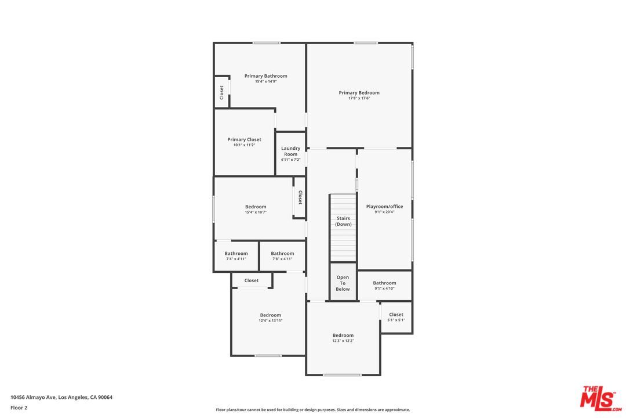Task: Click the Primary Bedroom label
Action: (x=359, y=93)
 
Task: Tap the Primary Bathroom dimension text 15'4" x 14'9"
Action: (x=265, y=81)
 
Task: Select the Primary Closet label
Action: (x=244, y=139)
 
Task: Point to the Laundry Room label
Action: (x=290, y=151)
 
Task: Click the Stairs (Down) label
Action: (x=343, y=221)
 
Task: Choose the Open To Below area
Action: (x=343, y=282)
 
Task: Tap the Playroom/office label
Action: (x=384, y=207)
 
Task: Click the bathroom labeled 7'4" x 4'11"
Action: (x=236, y=255)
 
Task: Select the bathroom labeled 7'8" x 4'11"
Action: (x=282, y=255)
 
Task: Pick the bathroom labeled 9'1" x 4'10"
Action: (x=384, y=285)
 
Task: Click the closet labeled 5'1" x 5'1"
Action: (x=396, y=317)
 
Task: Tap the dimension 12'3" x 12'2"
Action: (x=343, y=341)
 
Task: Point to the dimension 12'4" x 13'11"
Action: (x=270, y=320)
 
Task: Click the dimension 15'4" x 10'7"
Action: (x=256, y=212)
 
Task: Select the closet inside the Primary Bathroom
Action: (x=222, y=92)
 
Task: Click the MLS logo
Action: (x=601, y=398)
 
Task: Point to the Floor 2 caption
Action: (x=19, y=408)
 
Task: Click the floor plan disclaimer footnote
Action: (x=312, y=410)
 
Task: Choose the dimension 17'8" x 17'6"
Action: (x=359, y=98)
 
